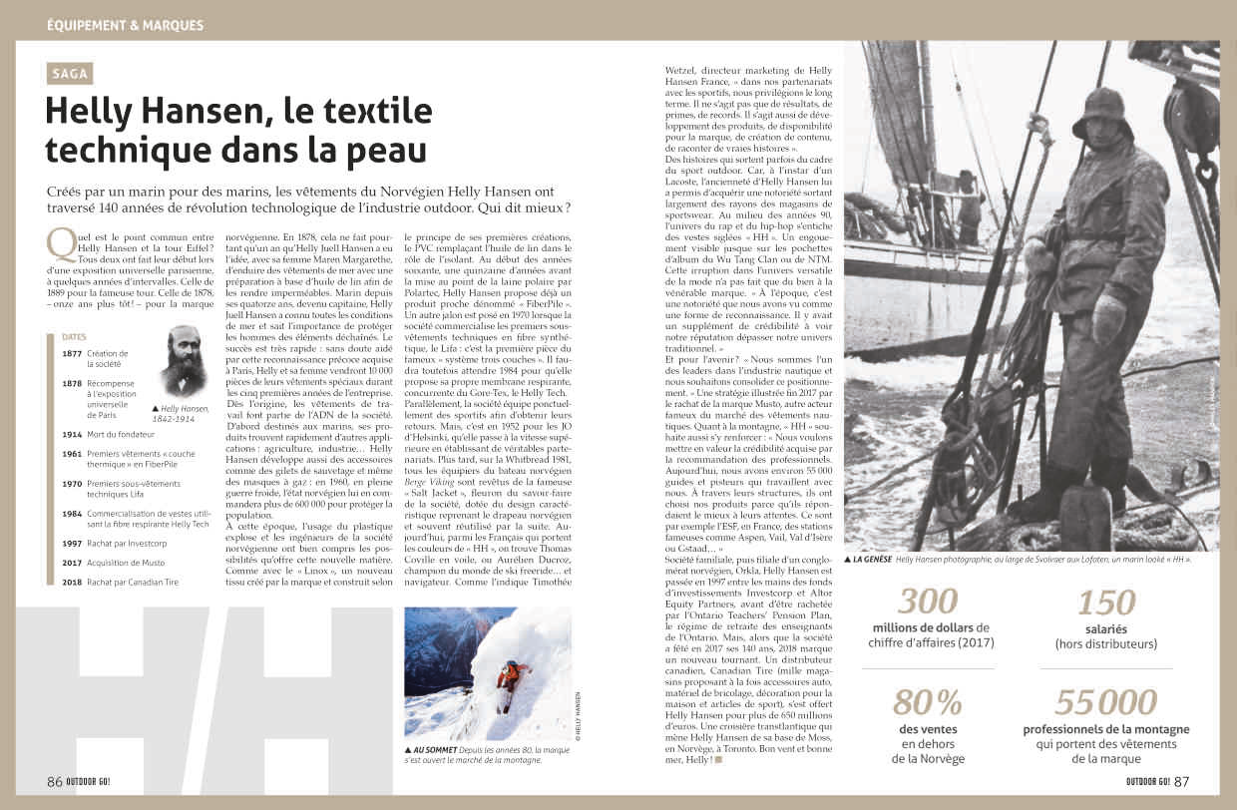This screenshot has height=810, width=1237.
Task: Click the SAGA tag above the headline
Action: pyautogui.click(x=73, y=73)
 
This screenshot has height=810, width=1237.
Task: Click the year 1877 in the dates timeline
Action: pyautogui.click(x=72, y=354)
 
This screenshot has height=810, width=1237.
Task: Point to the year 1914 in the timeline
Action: pyautogui.click(x=72, y=435)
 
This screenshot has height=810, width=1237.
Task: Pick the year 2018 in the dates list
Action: pyautogui.click(x=72, y=583)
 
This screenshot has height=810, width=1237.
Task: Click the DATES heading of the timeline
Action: pyautogui.click(x=74, y=337)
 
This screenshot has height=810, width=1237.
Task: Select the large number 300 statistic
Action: pyautogui.click(x=927, y=602)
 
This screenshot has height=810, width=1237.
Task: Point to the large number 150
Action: pyautogui.click(x=1105, y=602)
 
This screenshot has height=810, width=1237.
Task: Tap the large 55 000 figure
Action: pyautogui.click(x=1105, y=702)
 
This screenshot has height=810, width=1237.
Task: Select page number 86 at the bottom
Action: pyautogui.click(x=55, y=781)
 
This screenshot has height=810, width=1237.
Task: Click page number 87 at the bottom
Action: pyautogui.click(x=1181, y=781)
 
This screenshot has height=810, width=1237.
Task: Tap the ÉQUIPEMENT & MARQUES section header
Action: pyautogui.click(x=125, y=24)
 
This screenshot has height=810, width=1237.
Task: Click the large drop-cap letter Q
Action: pyautogui.click(x=60, y=243)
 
